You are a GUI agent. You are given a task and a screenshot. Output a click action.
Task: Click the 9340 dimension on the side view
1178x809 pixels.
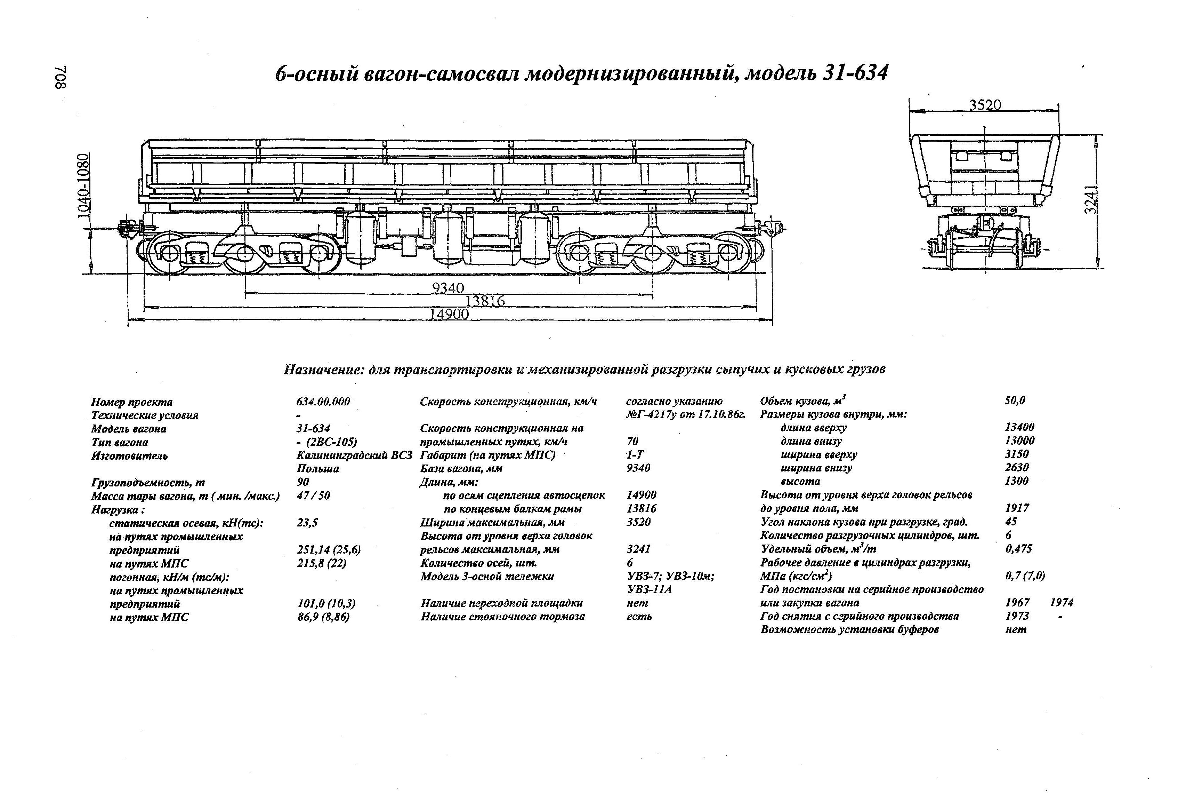click(x=448, y=288)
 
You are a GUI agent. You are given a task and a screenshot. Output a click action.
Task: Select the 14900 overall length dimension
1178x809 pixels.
click(x=449, y=315)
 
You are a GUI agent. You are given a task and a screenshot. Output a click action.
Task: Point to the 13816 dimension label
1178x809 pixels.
click(x=485, y=301)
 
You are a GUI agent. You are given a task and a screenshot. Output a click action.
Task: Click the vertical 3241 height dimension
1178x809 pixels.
click(x=1091, y=199)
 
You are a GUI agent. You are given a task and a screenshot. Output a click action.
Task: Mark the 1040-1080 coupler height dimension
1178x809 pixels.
click(x=85, y=186)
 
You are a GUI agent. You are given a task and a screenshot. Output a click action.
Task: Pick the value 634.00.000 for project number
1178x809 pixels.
click(x=323, y=402)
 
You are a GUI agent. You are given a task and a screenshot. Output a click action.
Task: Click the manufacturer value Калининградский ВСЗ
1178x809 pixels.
click(x=354, y=455)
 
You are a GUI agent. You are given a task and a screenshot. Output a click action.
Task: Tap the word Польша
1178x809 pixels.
click(x=318, y=469)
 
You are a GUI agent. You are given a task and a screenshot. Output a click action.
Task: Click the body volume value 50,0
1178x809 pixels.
click(x=1015, y=400)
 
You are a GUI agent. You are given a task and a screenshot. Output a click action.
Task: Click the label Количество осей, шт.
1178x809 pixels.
click(x=478, y=563)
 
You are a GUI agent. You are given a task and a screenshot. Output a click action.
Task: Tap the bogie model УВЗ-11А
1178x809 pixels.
click(x=649, y=589)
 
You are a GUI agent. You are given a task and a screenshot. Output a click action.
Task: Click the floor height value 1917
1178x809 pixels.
click(x=1017, y=508)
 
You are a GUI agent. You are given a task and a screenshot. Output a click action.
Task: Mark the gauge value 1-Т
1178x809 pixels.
click(x=634, y=455)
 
